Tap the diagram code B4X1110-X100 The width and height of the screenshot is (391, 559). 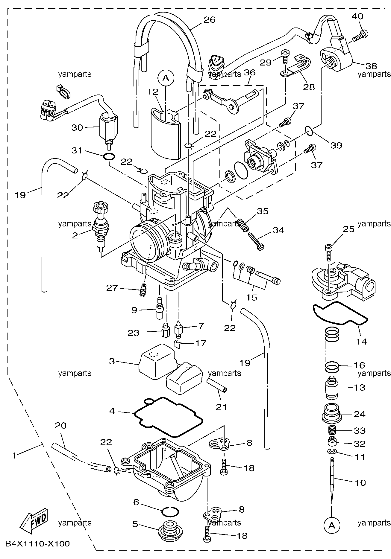click(x=37, y=543)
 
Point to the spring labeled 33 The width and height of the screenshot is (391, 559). click(x=331, y=431)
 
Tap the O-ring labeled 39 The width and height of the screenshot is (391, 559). click(x=310, y=131)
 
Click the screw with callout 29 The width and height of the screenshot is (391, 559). click(x=285, y=57)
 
